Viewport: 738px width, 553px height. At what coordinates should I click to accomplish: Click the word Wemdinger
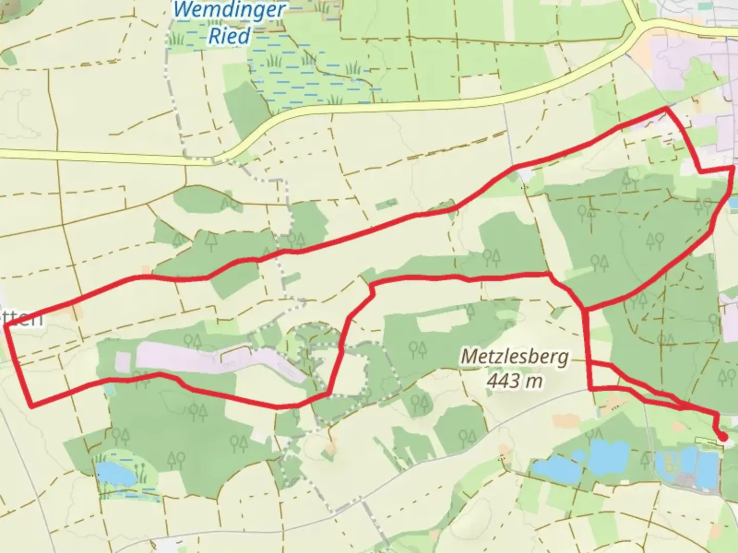[x=229, y=10]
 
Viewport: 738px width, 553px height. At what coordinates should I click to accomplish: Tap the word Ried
[x=229, y=36]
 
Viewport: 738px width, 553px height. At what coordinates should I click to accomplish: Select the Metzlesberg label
[x=514, y=357]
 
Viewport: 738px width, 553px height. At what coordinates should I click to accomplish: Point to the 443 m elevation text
[x=514, y=381]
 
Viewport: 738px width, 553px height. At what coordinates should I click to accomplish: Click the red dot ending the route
[x=723, y=437]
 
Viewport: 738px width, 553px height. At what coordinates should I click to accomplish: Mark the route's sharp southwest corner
[x=32, y=407]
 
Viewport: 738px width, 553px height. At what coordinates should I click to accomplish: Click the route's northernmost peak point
[x=666, y=108]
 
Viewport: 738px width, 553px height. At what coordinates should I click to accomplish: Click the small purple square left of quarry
[x=123, y=361]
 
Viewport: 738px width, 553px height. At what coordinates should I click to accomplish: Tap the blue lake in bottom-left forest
[x=114, y=474]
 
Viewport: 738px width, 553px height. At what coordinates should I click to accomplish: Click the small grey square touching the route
[x=525, y=177]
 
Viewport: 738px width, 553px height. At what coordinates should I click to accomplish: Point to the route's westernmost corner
[x=5, y=326]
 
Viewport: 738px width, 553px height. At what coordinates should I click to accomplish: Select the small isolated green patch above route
[x=387, y=206]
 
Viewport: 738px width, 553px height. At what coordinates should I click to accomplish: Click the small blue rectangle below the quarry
[x=108, y=389]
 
